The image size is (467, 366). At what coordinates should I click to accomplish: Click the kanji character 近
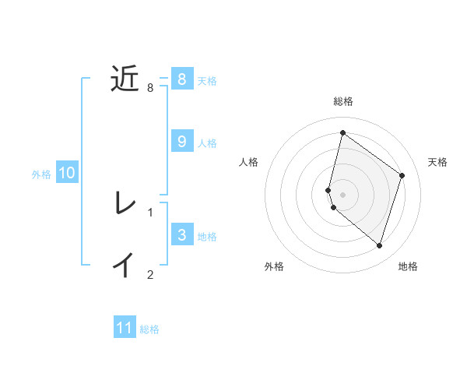(x=125, y=79)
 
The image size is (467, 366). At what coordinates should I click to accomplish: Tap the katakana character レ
(x=125, y=204)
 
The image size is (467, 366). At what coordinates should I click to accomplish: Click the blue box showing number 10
(x=67, y=173)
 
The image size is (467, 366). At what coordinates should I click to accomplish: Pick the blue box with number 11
(x=125, y=328)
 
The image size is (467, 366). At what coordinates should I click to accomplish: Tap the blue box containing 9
(x=182, y=141)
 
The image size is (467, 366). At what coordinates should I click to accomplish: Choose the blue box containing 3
(x=182, y=234)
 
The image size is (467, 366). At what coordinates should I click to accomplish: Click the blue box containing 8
(x=182, y=79)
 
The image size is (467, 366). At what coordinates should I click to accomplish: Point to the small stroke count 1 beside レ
(x=150, y=212)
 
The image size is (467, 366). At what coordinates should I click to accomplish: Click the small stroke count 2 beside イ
(x=150, y=274)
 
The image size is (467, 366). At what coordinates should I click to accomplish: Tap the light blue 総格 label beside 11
(x=149, y=329)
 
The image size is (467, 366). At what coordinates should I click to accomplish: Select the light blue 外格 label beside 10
(x=41, y=174)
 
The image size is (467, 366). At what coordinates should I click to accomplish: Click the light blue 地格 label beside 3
(x=207, y=236)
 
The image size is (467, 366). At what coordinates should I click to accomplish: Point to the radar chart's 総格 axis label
(x=343, y=101)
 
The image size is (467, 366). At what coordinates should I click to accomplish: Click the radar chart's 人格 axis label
(x=249, y=162)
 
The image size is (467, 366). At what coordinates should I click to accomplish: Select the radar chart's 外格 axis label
(x=274, y=266)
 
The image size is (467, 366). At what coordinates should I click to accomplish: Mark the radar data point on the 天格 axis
(x=402, y=175)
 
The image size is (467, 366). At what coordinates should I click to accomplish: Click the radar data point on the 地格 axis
(x=379, y=245)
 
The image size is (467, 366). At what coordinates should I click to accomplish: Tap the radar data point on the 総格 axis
(x=342, y=132)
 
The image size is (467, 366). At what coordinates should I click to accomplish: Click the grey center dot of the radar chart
(x=342, y=194)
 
